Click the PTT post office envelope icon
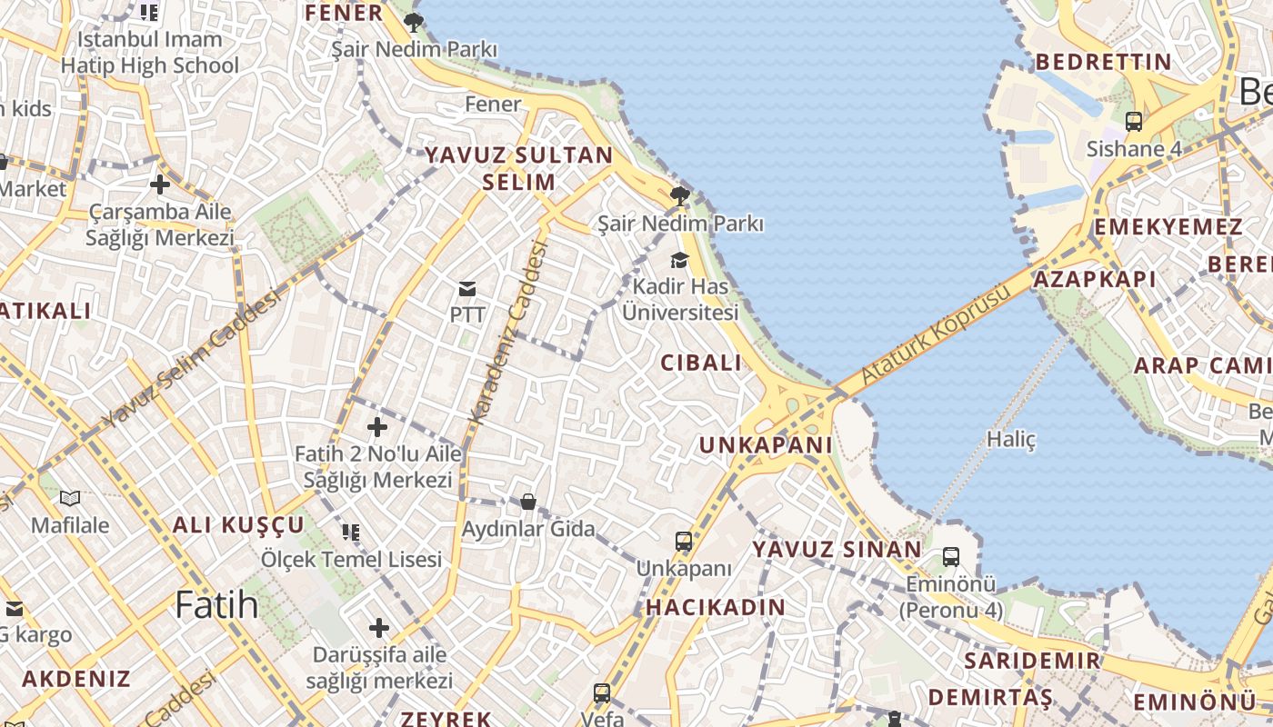click(x=467, y=289)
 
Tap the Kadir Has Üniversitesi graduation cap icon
click(x=679, y=261)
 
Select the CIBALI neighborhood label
click(x=701, y=363)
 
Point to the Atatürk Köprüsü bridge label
click(x=936, y=334)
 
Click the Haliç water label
click(x=1011, y=440)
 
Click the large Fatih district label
click(x=216, y=604)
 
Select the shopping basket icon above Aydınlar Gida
click(x=527, y=502)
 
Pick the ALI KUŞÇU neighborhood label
click(x=238, y=524)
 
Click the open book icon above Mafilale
click(x=70, y=498)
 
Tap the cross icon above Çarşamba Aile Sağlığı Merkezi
click(x=160, y=184)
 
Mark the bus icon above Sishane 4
click(x=1133, y=121)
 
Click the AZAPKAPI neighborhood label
click(x=1094, y=279)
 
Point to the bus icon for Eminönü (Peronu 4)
click(x=951, y=556)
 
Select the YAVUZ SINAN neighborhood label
click(x=837, y=549)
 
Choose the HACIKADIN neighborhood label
click(x=716, y=607)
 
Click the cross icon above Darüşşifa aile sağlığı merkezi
click(x=379, y=627)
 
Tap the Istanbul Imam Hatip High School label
click(x=150, y=53)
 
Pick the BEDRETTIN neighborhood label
click(x=1103, y=62)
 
